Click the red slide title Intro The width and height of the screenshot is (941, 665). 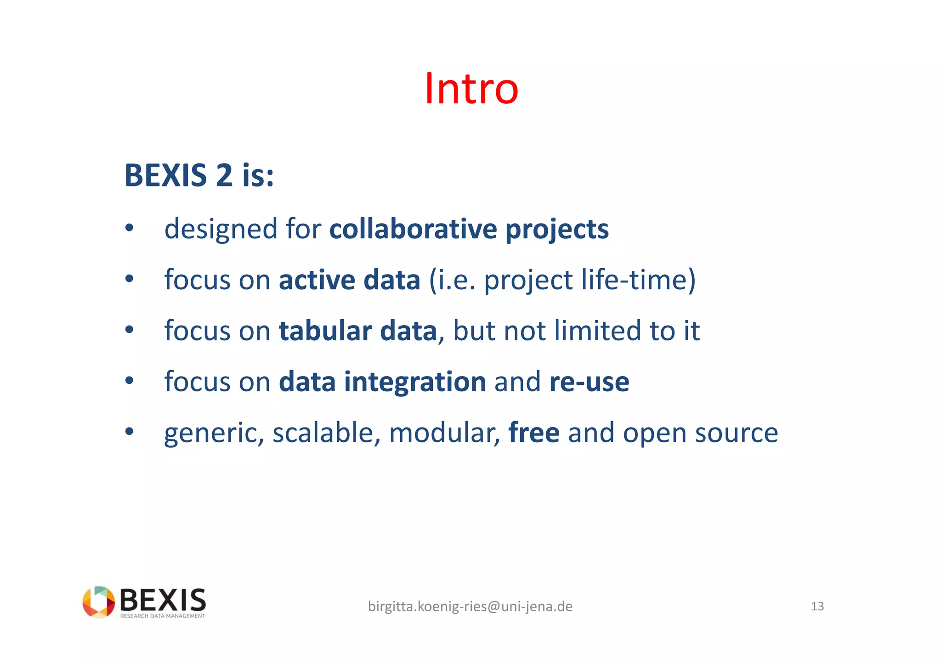pyautogui.click(x=471, y=89)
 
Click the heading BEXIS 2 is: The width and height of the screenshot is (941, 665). pyautogui.click(x=199, y=176)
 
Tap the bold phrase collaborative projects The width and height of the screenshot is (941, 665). pyautogui.click(x=469, y=229)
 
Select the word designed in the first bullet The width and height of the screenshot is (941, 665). pyautogui.click(x=221, y=229)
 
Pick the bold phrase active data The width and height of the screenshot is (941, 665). pyautogui.click(x=349, y=280)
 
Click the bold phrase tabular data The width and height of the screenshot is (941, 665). pyautogui.click(x=357, y=331)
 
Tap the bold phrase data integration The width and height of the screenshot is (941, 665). pyautogui.click(x=382, y=382)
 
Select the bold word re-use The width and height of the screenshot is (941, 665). pyautogui.click(x=589, y=382)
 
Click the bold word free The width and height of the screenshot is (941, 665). pyautogui.click(x=534, y=433)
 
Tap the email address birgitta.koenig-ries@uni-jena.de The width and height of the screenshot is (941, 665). pyautogui.click(x=470, y=607)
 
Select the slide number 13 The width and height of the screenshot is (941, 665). pyautogui.click(x=817, y=607)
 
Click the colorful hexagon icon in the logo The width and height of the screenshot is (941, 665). pyautogui.click(x=98, y=602)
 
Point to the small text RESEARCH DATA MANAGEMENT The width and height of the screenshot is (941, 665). pyautogui.click(x=163, y=616)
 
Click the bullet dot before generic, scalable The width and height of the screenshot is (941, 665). pyautogui.click(x=129, y=431)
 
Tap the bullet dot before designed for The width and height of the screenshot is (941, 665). pyautogui.click(x=129, y=227)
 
